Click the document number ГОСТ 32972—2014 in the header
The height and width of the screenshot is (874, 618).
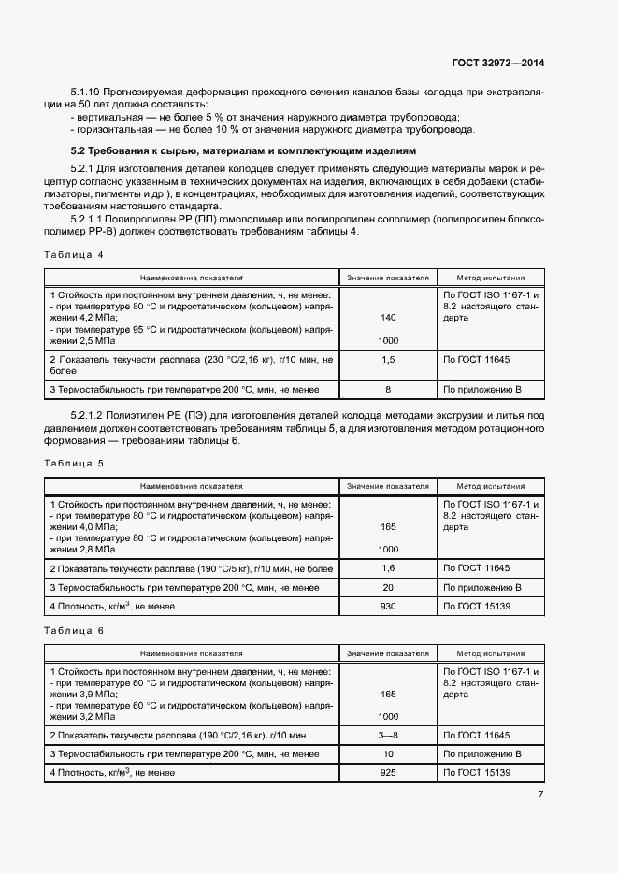tap(497, 63)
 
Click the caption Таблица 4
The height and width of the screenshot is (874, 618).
tap(73, 254)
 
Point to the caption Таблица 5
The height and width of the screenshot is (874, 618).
tap(73, 463)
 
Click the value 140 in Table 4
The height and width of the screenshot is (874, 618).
tap(388, 318)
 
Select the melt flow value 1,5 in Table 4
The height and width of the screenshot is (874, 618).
tap(388, 359)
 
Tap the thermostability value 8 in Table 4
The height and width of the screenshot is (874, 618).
tap(388, 388)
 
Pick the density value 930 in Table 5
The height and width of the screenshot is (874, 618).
tap(388, 607)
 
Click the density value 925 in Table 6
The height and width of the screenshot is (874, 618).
tap(388, 773)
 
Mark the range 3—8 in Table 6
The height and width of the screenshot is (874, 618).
tap(388, 736)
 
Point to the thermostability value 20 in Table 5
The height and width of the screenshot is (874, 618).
tap(388, 587)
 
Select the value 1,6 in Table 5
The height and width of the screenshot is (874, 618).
tap(388, 568)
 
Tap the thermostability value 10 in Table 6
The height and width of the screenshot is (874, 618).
tap(388, 753)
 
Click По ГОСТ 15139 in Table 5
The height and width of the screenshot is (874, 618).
tap(477, 607)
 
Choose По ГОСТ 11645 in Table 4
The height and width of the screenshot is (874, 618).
tap(477, 359)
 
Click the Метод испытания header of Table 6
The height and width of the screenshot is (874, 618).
tap(490, 653)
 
